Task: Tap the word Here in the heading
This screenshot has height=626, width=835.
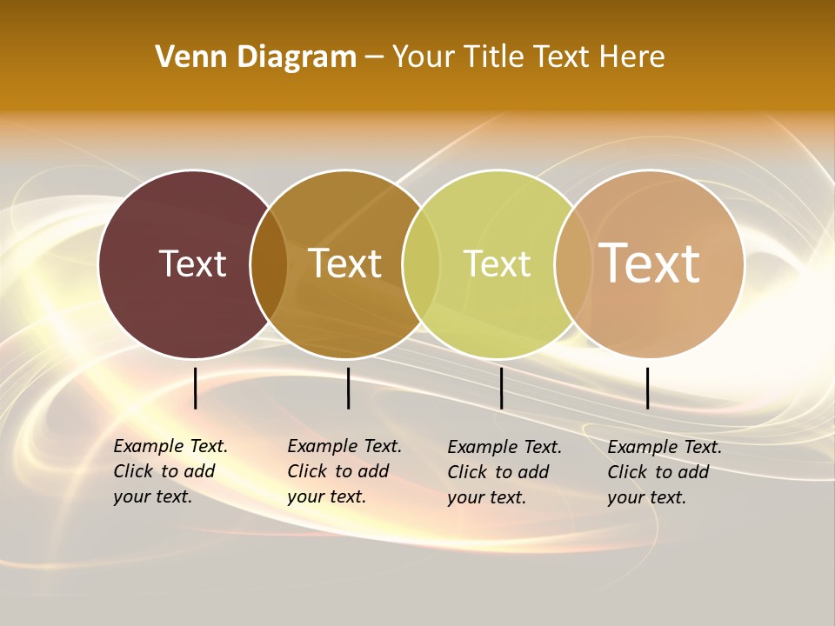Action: [632, 57]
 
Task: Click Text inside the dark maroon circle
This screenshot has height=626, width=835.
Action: [192, 263]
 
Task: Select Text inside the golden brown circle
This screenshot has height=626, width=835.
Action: [345, 263]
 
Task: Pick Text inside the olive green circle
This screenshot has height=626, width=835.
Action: [497, 263]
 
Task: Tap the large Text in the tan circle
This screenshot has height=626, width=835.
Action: [649, 263]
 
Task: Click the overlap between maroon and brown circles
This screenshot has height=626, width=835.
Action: [269, 263]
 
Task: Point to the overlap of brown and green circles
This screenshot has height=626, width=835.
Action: [421, 263]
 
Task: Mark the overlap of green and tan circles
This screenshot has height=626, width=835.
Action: [572, 263]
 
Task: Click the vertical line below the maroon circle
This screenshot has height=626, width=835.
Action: [196, 388]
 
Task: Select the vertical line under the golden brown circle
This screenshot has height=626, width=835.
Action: [348, 388]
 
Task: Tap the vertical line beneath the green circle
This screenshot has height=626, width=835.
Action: [502, 388]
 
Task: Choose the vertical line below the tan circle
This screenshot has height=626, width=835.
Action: [648, 388]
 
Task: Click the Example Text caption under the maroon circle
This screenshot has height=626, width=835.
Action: [170, 471]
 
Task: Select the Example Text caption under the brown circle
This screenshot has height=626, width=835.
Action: [344, 471]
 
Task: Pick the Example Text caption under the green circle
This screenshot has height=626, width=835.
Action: [504, 472]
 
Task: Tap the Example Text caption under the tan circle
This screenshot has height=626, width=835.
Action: [664, 472]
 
